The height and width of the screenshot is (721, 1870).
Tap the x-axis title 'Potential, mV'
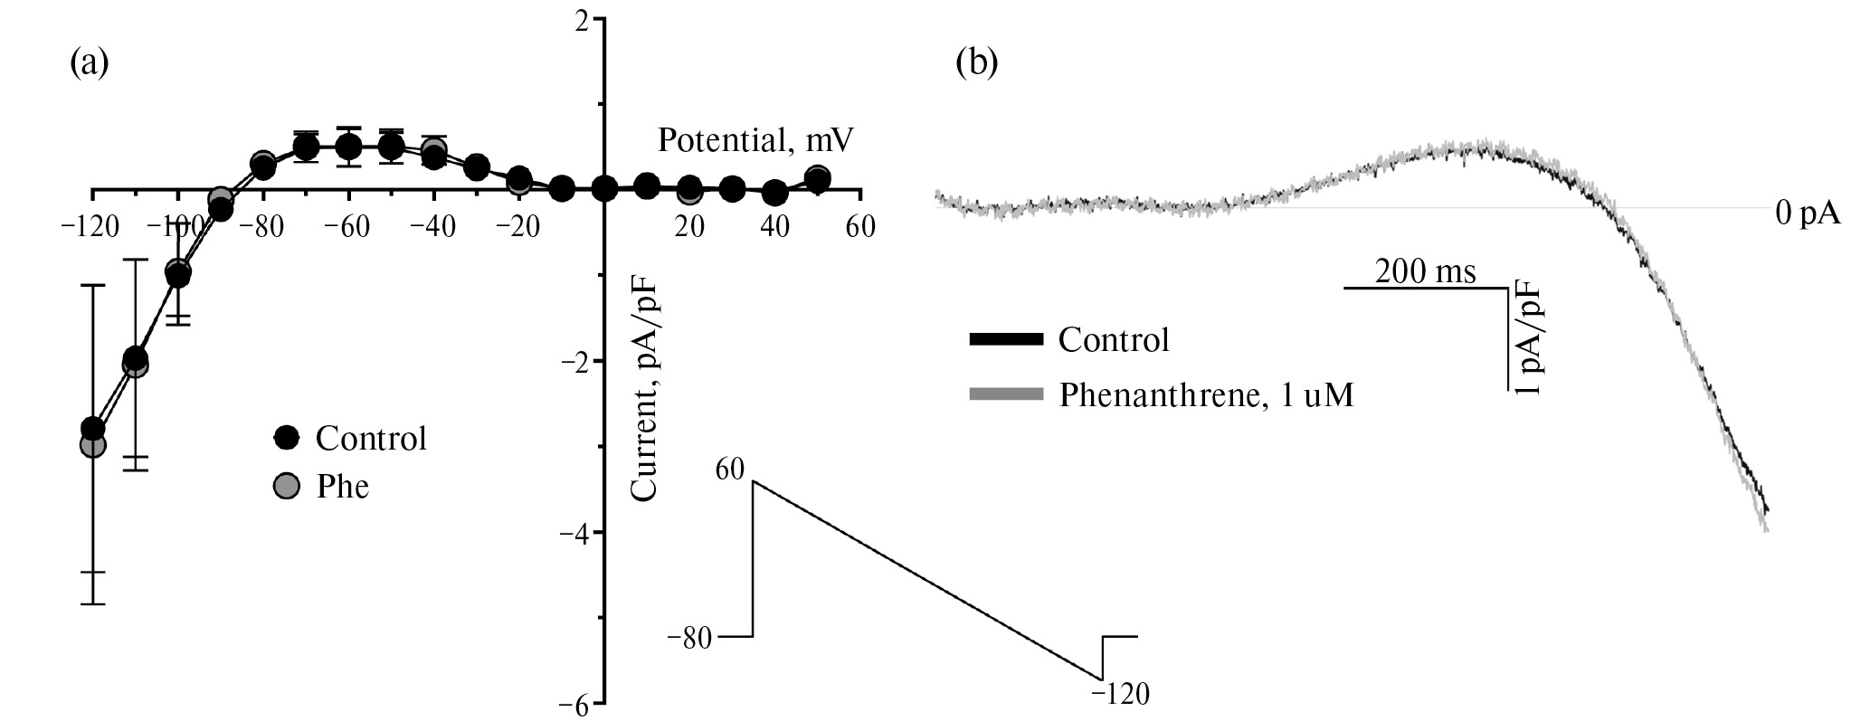click(755, 141)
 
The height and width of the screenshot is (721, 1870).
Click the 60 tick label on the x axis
click(859, 227)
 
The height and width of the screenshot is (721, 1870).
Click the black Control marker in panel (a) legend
click(286, 439)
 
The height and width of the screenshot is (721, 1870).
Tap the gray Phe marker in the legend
click(286, 487)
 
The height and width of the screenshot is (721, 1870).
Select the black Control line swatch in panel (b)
click(1005, 340)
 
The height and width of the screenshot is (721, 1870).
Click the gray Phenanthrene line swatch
click(1005, 394)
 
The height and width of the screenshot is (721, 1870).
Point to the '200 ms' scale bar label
click(1425, 271)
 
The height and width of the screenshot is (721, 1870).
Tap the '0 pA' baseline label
click(1807, 213)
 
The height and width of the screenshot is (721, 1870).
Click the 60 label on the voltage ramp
click(729, 469)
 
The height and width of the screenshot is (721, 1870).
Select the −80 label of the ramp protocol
click(689, 638)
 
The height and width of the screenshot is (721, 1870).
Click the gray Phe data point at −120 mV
click(92, 445)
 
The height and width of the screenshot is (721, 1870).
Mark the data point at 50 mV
click(817, 179)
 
